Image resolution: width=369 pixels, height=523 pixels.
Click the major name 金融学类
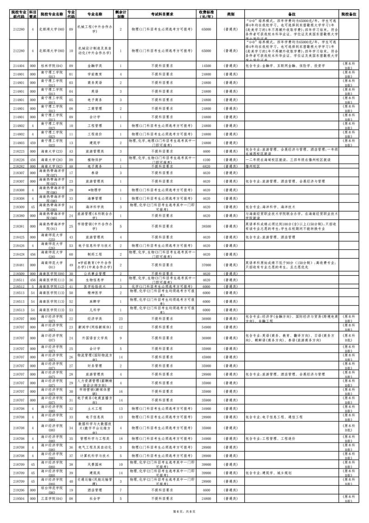[x=95, y=66]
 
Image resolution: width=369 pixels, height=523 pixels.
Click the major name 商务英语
[x=95, y=83]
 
